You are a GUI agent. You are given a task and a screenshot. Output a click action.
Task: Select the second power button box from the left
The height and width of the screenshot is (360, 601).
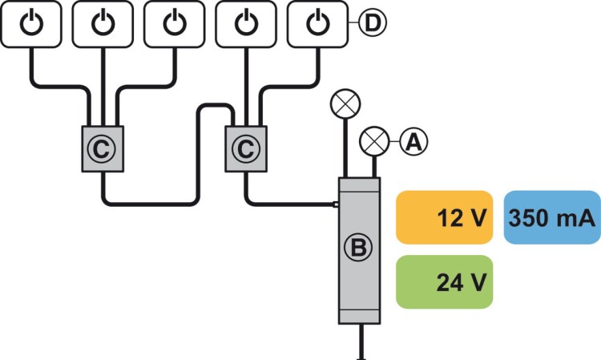[x=103, y=23]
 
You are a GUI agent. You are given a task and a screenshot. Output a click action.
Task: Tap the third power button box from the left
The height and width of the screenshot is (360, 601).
[x=174, y=23]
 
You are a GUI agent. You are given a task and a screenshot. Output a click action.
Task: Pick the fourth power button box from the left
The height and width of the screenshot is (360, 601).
[x=247, y=23]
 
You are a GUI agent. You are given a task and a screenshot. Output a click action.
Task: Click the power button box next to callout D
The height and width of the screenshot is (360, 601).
[x=318, y=23]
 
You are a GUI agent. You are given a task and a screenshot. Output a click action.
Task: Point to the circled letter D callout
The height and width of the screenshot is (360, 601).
[x=371, y=23]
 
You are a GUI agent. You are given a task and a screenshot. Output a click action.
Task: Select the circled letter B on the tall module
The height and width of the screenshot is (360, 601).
[x=359, y=249]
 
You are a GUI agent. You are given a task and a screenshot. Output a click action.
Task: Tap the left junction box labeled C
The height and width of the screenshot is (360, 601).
[x=103, y=148]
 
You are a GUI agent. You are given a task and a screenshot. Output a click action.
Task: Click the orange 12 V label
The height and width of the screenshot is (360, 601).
[x=443, y=216]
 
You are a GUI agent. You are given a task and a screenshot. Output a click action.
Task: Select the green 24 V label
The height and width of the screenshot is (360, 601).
[x=443, y=281]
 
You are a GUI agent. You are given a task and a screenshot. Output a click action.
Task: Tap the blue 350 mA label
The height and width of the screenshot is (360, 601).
[x=552, y=216]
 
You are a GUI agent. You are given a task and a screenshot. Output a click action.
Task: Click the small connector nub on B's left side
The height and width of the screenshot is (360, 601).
[x=336, y=204]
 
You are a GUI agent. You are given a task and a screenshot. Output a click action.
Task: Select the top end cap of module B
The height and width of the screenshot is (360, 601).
[x=359, y=184]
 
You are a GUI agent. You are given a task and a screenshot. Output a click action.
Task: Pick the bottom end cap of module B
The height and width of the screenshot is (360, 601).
[x=359, y=316]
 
